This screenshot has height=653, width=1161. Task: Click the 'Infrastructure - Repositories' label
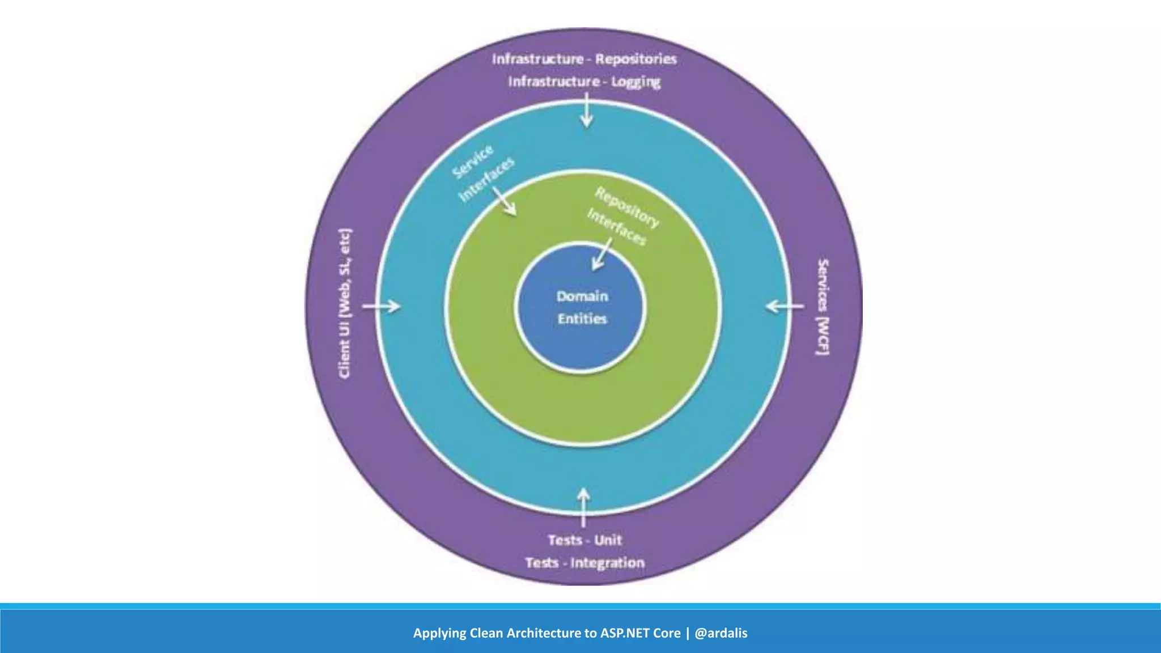(584, 59)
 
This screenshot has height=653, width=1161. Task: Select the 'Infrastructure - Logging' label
(584, 82)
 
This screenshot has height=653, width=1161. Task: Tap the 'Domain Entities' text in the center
(582, 307)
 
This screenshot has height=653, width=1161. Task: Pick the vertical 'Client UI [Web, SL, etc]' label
(345, 304)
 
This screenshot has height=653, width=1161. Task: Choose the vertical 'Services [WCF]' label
(823, 307)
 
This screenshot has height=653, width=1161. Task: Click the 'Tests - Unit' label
(584, 540)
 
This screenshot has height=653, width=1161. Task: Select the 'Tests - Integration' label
(584, 563)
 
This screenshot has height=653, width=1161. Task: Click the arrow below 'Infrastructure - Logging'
(587, 111)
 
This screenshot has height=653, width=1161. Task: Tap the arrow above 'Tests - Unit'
(583, 507)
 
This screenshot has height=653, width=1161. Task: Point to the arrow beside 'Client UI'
(382, 307)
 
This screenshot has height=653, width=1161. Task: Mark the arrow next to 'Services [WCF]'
(785, 307)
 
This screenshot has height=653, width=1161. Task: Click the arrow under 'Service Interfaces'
(504, 201)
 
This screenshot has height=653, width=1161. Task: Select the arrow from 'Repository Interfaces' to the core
(602, 253)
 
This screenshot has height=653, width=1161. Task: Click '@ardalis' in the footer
(721, 633)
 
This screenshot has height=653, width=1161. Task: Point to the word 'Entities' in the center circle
(582, 319)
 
